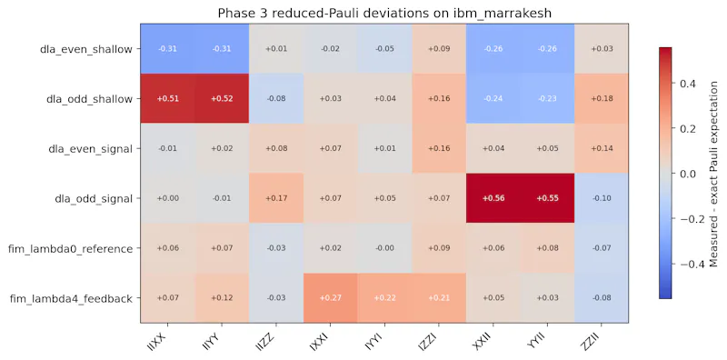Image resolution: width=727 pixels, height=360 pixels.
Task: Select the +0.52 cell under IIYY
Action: [222, 98]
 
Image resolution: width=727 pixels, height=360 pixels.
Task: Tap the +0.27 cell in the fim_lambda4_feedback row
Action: [330, 298]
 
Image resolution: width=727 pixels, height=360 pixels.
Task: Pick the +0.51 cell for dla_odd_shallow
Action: [167, 98]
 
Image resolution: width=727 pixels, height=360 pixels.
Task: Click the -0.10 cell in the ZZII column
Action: [602, 198]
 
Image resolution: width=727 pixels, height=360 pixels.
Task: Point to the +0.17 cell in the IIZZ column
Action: [276, 198]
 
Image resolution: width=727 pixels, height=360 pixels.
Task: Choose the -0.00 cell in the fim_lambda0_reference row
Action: [384, 248]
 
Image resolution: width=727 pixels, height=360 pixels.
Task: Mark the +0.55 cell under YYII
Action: [547, 198]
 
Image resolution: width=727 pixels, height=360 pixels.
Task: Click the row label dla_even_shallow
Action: [85, 49]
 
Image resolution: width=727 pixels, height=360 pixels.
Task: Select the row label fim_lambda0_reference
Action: [71, 249]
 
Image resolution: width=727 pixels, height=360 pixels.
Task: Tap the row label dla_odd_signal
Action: [94, 198]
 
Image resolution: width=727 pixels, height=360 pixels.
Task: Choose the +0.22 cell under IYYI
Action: [384, 298]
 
